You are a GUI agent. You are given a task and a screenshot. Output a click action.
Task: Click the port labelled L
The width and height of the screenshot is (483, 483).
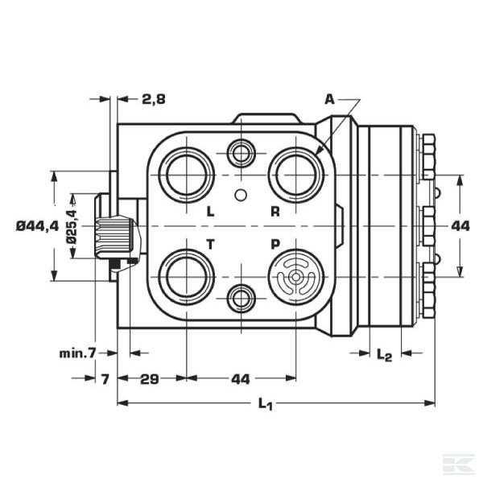tap(186, 175)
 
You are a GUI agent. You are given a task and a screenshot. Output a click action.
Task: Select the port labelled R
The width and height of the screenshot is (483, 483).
tap(295, 175)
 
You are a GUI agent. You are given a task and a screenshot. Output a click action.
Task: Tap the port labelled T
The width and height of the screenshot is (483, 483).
tap(186, 277)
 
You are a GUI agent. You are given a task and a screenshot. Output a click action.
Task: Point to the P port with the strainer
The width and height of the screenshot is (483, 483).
tap(295, 278)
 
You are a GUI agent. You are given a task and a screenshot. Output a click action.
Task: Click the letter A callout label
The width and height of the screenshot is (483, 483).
tap(328, 99)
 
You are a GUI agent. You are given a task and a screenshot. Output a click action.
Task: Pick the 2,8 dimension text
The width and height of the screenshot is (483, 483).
tap(153, 99)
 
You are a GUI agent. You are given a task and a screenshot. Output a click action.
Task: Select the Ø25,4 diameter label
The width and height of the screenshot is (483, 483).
tap(71, 226)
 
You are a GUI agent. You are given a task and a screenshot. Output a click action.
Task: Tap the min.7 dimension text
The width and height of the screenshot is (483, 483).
tap(78, 353)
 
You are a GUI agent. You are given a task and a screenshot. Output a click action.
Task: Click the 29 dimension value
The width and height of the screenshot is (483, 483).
tap(149, 378)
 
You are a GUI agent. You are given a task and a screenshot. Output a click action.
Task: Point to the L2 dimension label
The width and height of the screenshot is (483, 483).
tap(384, 354)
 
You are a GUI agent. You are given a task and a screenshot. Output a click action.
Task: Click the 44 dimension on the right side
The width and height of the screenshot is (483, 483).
tap(460, 226)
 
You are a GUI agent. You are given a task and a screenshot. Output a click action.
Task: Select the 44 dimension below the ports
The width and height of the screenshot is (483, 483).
tap(241, 378)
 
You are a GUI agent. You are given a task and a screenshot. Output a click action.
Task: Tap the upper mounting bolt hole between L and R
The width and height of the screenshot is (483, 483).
tap(241, 151)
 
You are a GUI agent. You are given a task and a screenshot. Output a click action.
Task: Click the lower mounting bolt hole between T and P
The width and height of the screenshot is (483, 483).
tap(241, 299)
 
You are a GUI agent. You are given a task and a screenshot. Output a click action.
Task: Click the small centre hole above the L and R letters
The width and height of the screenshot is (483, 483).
tap(241, 195)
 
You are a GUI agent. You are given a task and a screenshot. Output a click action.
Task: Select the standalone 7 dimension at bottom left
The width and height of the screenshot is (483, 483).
tap(105, 378)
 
